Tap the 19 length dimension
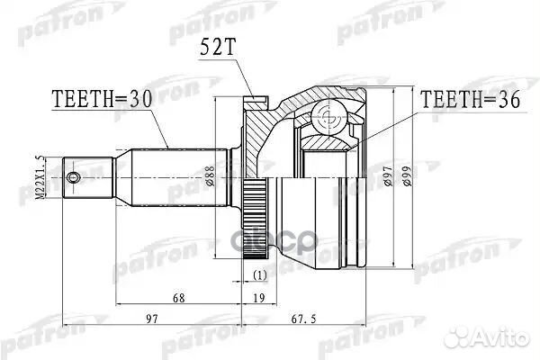point(259,296)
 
